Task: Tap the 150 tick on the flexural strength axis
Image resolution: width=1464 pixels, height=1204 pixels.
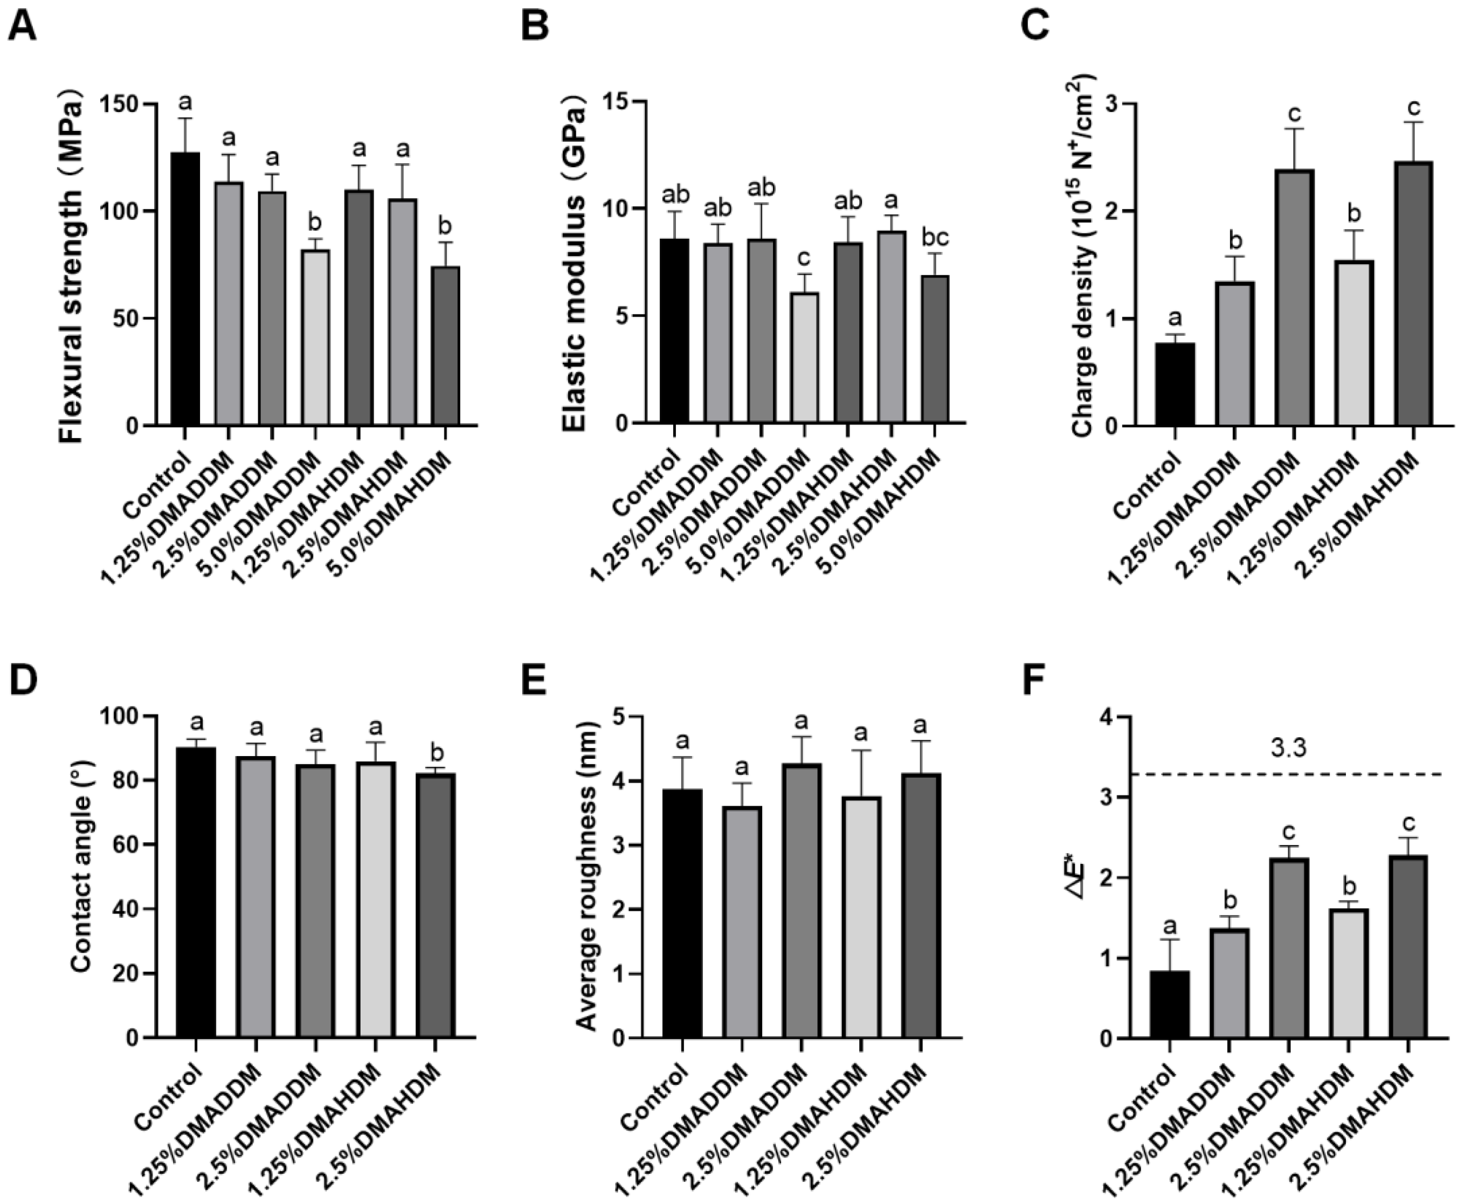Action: (x=128, y=105)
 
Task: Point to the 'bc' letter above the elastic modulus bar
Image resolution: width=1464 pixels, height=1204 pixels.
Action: (x=934, y=238)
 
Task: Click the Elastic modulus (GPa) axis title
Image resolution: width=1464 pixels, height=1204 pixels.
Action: (x=574, y=264)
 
